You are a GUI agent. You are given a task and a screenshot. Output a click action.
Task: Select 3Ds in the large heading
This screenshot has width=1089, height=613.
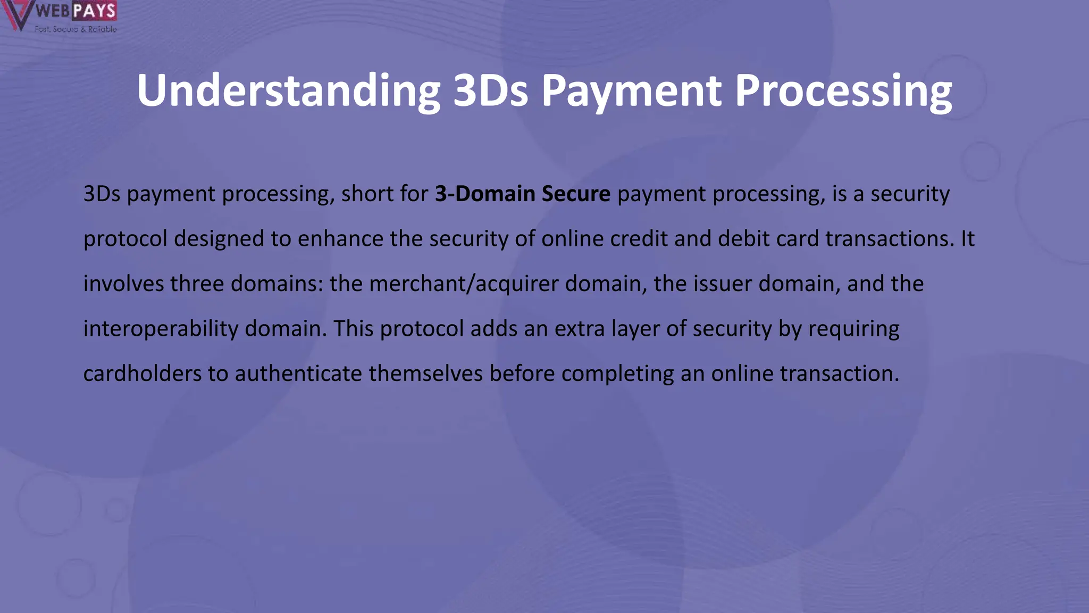point(490,90)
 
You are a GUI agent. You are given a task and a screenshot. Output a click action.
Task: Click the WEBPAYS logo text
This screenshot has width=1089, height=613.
point(76,11)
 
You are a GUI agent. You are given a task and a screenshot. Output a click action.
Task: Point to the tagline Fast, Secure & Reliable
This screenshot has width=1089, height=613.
point(76,29)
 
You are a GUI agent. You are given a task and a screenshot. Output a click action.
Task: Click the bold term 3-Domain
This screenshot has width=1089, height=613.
point(485,194)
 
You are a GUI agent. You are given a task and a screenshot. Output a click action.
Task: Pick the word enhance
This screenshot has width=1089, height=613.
point(340,239)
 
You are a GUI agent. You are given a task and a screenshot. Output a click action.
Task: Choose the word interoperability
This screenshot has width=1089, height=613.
point(161,329)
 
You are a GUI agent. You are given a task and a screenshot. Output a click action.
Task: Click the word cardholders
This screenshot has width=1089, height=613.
point(142,374)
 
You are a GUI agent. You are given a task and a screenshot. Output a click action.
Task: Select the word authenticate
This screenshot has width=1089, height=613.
point(298,374)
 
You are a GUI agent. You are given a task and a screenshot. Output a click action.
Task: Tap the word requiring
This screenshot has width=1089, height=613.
point(853,329)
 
